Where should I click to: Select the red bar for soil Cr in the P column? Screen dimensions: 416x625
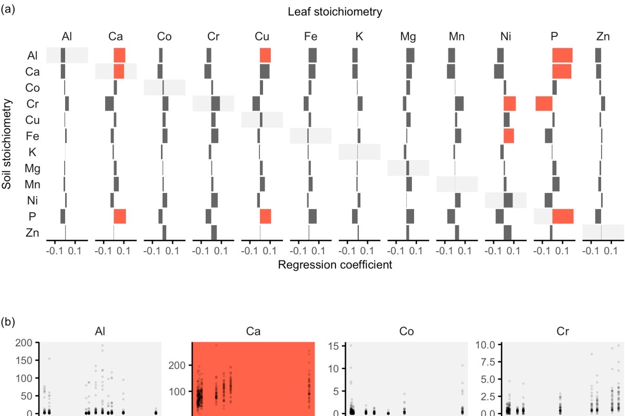[544, 103]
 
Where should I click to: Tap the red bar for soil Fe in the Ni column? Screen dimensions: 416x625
[509, 136]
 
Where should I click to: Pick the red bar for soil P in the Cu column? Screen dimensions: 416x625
[266, 216]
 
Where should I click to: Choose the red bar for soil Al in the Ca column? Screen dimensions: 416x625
[119, 55]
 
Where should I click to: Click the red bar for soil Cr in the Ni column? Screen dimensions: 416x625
[510, 103]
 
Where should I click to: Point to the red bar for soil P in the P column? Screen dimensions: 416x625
[563, 216]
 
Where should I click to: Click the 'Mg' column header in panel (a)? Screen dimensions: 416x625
[408, 36]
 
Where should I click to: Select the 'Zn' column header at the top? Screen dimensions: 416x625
[603, 36]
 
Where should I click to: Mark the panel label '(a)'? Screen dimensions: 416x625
[8, 9]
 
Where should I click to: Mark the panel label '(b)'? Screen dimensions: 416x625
[8, 322]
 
